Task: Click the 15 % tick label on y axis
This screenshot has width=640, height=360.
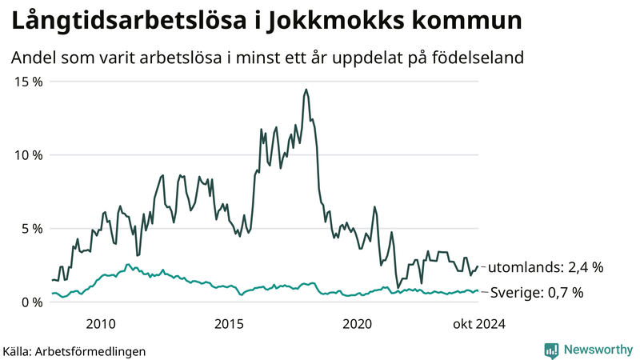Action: point(28,82)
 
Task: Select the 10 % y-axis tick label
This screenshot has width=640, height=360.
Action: point(28,155)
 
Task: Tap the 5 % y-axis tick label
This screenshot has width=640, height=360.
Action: point(31,228)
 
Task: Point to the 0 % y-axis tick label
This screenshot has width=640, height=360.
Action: point(31,302)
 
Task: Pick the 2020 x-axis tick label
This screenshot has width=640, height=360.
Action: point(358,323)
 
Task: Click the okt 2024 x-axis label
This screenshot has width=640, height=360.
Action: point(478,323)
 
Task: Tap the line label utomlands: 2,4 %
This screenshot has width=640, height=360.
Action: point(545,267)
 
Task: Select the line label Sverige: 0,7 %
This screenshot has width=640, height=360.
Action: point(536,292)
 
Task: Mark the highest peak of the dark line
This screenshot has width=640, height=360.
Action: point(306,90)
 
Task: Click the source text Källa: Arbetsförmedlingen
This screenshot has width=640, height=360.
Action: point(74,350)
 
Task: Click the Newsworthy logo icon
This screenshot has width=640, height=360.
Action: point(551,350)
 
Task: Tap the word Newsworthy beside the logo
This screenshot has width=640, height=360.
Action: point(597,350)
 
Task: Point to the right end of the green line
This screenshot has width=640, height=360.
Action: point(478,291)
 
